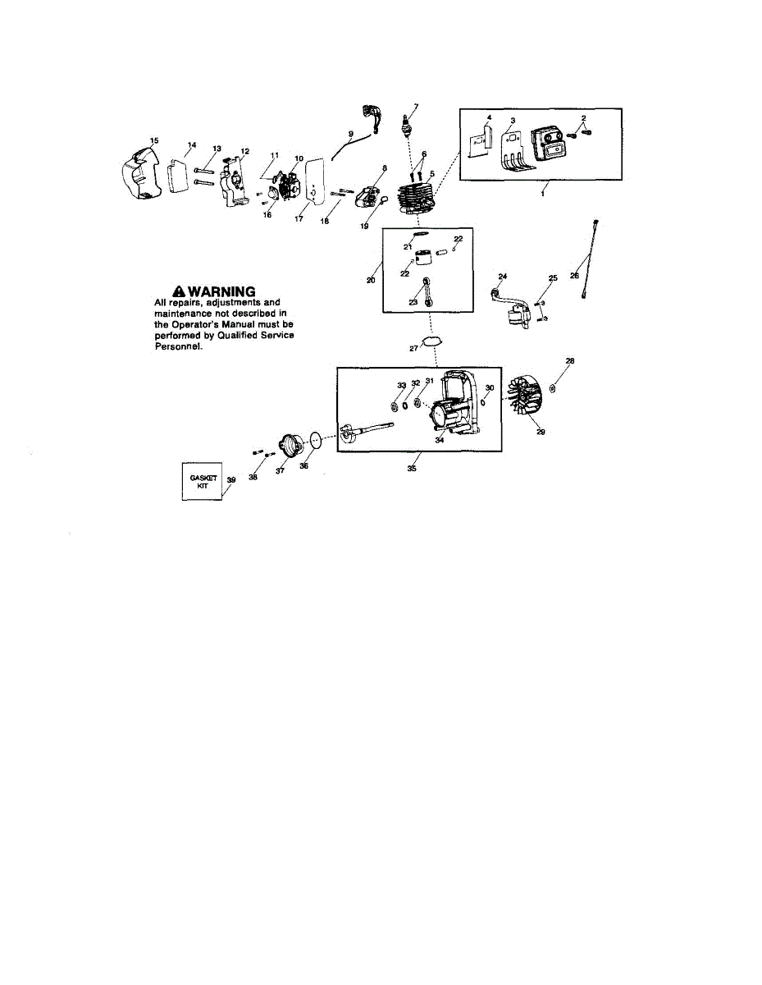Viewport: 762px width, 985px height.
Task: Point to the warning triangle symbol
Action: click(x=178, y=291)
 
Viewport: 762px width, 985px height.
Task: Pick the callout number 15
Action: click(x=154, y=140)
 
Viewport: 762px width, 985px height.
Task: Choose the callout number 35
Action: click(x=412, y=469)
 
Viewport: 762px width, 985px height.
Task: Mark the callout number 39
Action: click(x=231, y=479)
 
